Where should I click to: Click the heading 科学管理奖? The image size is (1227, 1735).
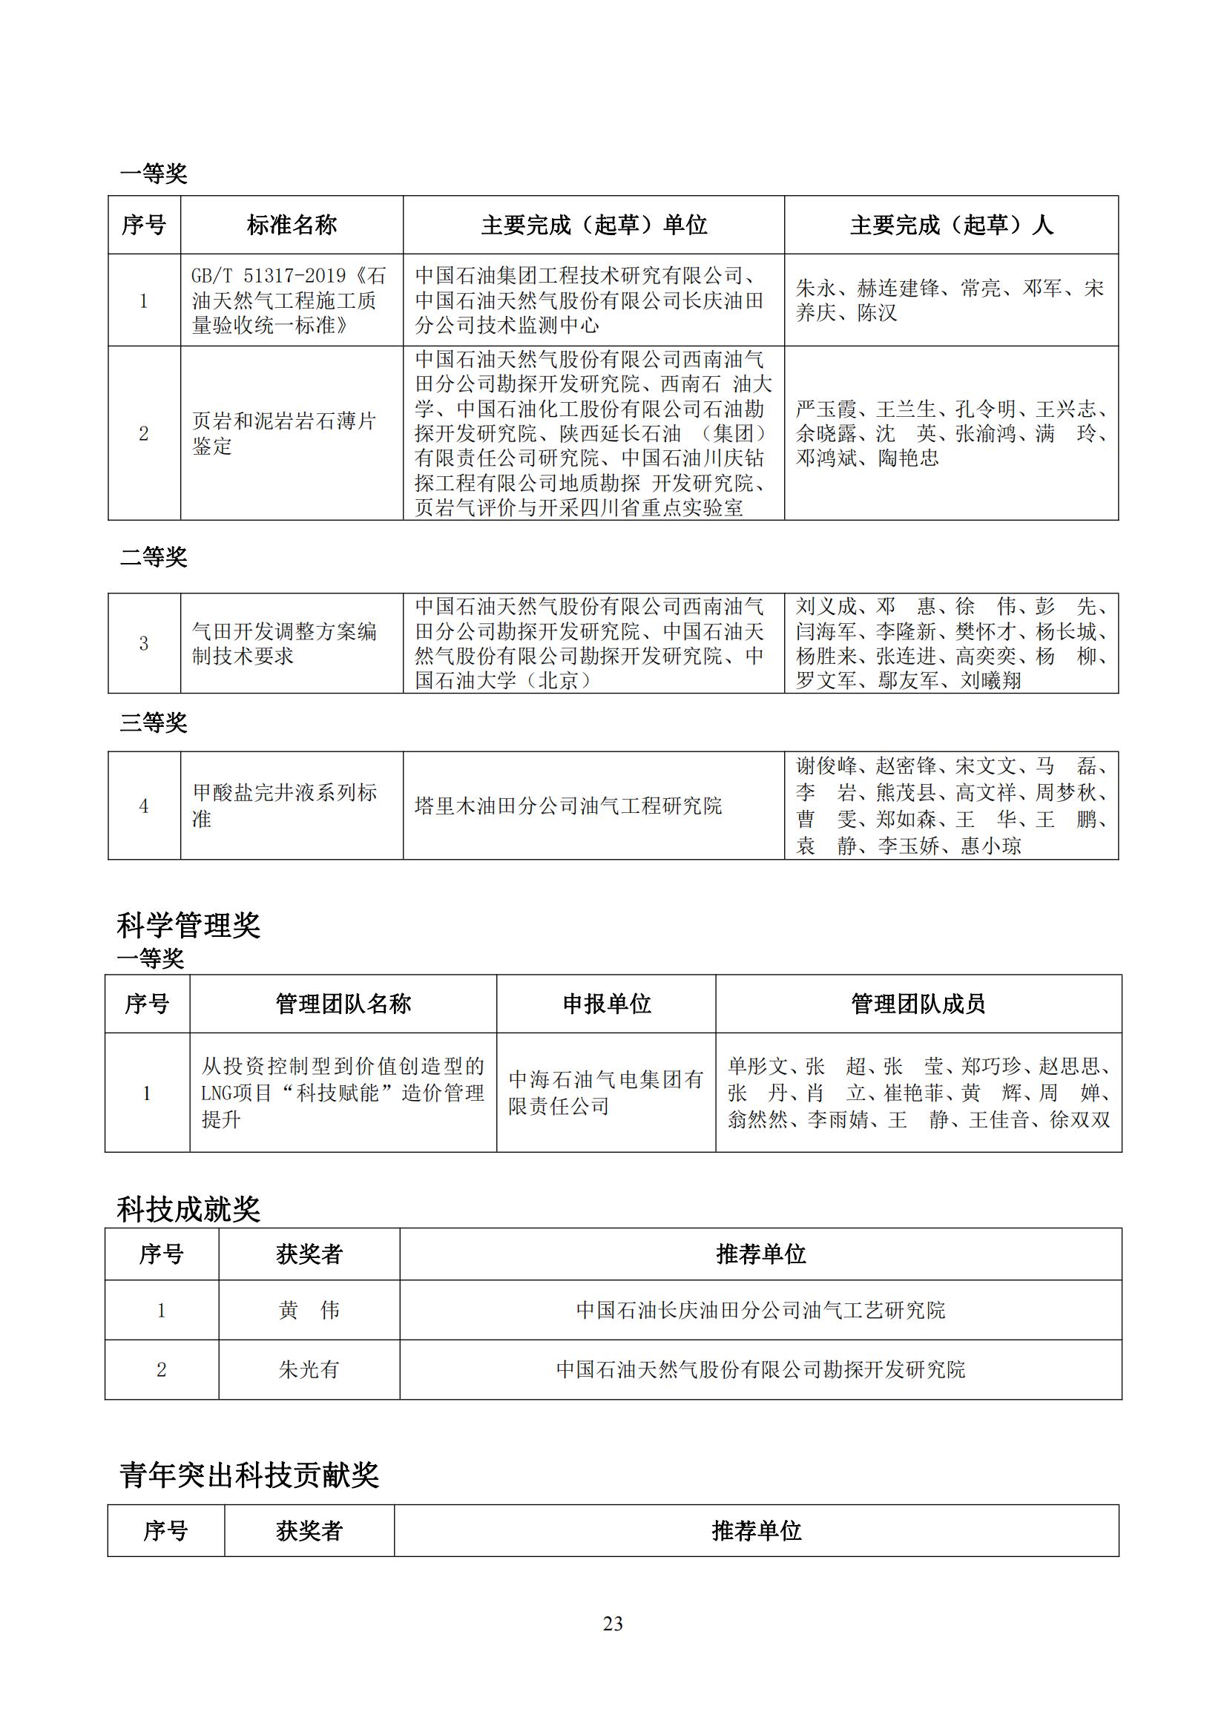coord(188,925)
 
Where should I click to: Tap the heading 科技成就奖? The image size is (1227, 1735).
coord(188,1210)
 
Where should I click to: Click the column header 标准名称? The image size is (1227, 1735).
coord(292,225)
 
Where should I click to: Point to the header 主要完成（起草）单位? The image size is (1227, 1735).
coord(594,225)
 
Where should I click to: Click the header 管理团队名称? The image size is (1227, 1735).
coord(343,1004)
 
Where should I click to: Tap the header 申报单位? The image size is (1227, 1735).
coord(606,1004)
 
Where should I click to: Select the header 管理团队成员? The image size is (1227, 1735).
coord(918,1004)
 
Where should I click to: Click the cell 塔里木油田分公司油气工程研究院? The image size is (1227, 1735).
coord(568,806)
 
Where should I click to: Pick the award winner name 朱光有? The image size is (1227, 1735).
coord(309,1370)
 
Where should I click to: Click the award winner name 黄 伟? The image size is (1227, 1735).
coord(309,1310)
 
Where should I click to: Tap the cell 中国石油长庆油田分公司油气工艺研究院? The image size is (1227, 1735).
coord(760,1310)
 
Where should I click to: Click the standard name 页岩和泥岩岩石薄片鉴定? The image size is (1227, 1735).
coord(283,433)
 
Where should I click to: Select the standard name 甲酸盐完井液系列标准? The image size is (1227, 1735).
coord(283,806)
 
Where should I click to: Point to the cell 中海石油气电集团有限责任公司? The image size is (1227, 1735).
coord(606,1093)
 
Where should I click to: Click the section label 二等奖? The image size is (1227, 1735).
coord(154,557)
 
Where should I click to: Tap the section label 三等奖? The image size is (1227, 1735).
coord(154,722)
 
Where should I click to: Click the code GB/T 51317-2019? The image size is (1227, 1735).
coord(269,276)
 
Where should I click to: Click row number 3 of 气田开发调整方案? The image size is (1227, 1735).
coord(144,644)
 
